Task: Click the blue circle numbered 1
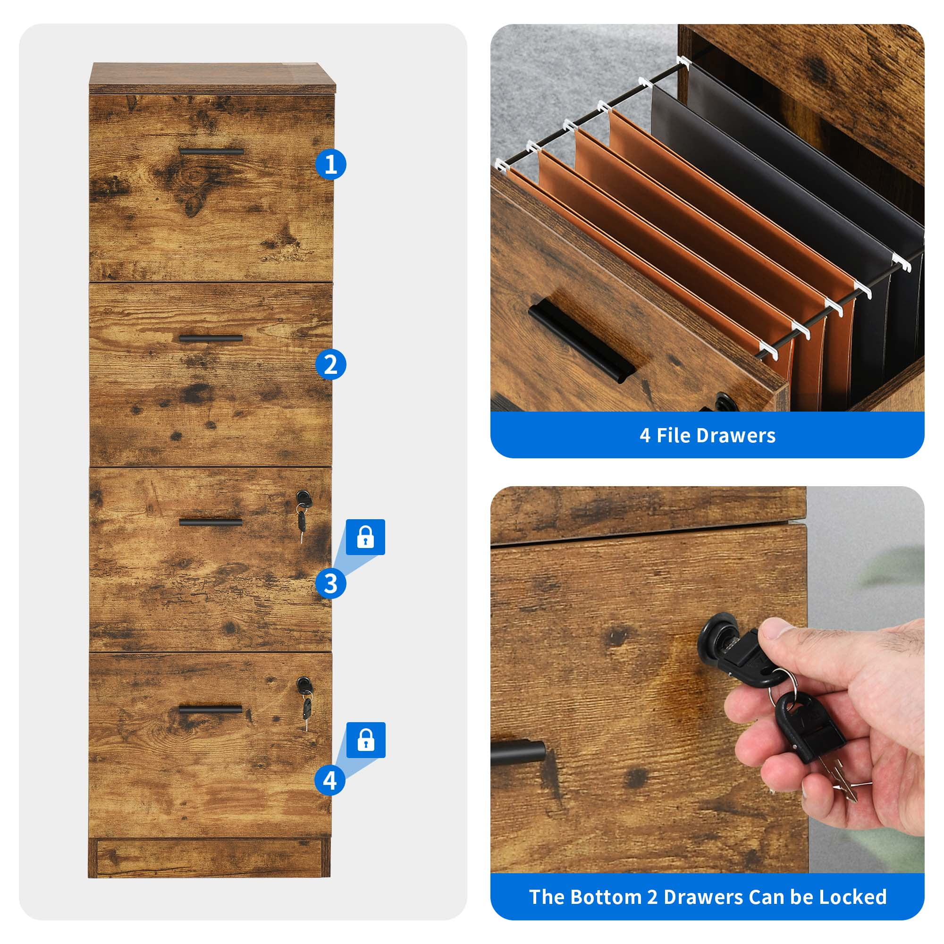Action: pos(331,164)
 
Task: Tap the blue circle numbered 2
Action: pos(331,364)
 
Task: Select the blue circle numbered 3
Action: pos(331,583)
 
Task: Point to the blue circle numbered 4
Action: pos(330,780)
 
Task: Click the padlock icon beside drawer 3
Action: pos(365,537)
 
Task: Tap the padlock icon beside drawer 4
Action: pos(366,740)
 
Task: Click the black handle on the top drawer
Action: pos(211,152)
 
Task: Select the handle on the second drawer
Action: pos(211,338)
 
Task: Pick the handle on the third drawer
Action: pos(211,523)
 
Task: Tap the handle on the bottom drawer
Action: pos(211,709)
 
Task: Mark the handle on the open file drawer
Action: pos(582,337)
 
